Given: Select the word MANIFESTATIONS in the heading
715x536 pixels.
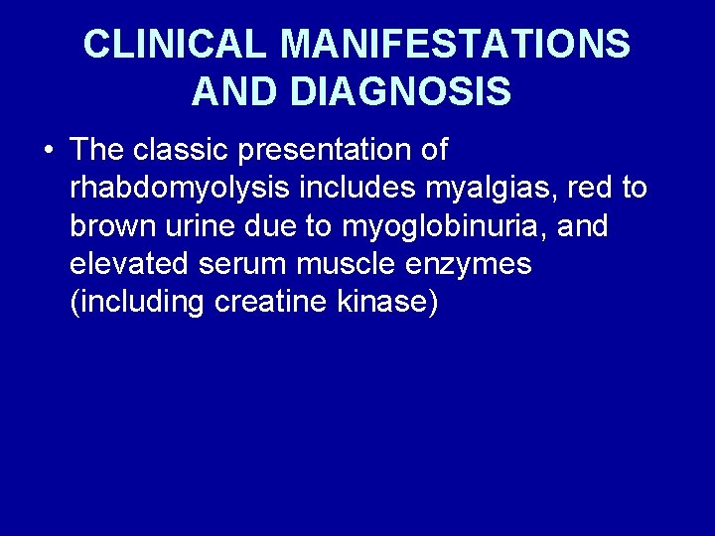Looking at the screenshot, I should coord(455,45).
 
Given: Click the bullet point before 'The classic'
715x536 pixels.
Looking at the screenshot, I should coord(47,152).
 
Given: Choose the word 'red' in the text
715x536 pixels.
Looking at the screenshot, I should coord(589,189).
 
